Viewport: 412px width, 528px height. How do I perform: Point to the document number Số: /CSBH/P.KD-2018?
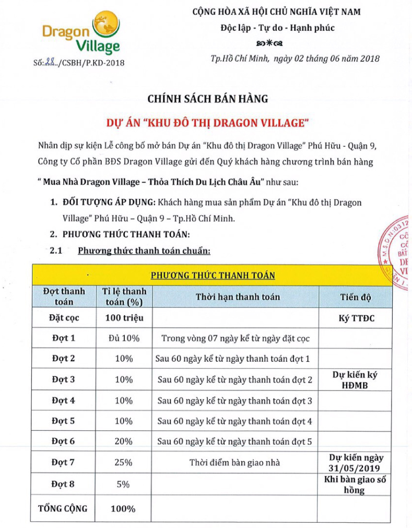(x=79, y=63)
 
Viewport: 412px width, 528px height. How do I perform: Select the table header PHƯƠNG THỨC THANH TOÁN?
(x=213, y=275)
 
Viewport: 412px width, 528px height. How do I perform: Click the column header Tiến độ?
(x=355, y=297)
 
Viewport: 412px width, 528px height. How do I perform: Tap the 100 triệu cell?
(x=124, y=317)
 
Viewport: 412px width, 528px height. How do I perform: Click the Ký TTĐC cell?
(x=355, y=317)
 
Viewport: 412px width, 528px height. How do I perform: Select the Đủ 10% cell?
(x=124, y=338)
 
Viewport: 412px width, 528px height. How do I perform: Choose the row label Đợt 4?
(x=64, y=400)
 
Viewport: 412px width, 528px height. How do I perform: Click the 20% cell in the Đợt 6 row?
(x=124, y=441)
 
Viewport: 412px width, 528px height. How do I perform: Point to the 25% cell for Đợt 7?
(x=124, y=462)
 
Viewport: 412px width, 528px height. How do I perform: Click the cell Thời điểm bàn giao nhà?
(x=234, y=462)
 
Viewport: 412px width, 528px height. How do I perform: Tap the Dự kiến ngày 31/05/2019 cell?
(x=355, y=462)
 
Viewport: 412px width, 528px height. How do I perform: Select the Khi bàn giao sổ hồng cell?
(x=355, y=485)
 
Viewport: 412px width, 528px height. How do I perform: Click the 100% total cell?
(x=124, y=509)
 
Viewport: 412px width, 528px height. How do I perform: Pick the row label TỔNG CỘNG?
(x=63, y=508)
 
